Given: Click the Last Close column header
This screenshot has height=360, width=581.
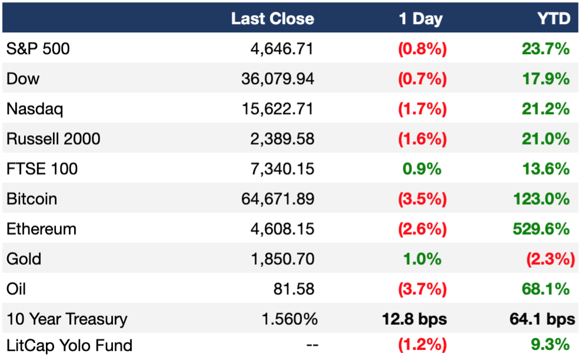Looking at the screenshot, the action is click(272, 19).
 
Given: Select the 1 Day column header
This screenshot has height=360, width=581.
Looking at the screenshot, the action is click(420, 19).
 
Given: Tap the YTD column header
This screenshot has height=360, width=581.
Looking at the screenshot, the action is click(554, 19).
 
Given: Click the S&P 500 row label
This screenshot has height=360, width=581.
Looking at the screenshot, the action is click(38, 49).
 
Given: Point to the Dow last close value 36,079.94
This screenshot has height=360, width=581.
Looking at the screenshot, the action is click(278, 79).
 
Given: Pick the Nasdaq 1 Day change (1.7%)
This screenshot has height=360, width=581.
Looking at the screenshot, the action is click(422, 109).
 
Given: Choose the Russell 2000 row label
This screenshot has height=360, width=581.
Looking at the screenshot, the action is click(54, 139).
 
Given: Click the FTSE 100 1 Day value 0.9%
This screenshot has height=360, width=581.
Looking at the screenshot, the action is click(422, 169).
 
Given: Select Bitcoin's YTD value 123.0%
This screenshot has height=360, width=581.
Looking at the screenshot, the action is click(542, 199).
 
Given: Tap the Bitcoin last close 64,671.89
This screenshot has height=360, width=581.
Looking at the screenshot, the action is click(278, 199).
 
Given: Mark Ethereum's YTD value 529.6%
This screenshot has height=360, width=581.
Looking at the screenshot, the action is click(542, 229).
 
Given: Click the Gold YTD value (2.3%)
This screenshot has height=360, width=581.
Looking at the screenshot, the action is click(550, 259).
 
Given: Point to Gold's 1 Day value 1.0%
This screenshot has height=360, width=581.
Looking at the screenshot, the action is click(422, 259).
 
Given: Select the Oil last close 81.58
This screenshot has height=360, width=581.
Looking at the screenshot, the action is click(294, 289).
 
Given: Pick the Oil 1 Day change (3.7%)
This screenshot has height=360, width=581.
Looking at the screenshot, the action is click(422, 289).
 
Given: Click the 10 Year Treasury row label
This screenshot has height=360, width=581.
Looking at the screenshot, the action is click(67, 319).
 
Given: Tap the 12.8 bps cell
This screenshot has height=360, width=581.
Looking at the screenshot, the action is click(414, 319).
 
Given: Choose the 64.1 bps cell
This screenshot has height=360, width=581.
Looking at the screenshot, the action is click(542, 319).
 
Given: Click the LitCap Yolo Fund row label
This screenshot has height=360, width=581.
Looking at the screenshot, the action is click(69, 345).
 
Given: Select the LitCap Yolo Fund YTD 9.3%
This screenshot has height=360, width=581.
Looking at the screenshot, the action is click(550, 345).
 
